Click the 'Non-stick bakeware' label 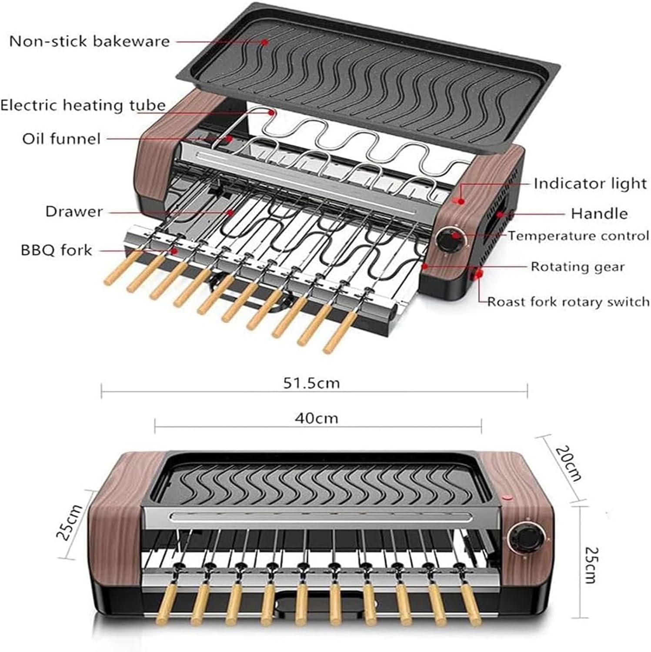89,41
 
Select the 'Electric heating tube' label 83,105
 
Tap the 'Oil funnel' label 61,139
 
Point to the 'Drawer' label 74,212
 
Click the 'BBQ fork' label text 56,250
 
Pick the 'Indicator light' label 590,183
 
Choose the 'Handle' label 599,213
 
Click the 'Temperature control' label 578,236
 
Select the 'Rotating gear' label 578,266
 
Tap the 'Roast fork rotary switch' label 568,302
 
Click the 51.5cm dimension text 311,383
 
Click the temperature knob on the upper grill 449,241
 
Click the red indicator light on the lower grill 506,498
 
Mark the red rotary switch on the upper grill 479,273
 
